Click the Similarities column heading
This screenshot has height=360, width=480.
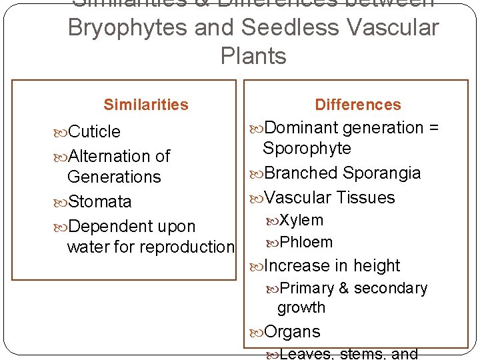[x=146, y=105]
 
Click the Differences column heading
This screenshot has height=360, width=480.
[x=358, y=105]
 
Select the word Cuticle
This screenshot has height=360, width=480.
[x=94, y=132]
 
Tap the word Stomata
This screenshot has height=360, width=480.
[x=99, y=202]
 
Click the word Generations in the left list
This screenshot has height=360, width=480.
[x=114, y=177]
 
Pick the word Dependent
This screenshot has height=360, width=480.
[x=109, y=227]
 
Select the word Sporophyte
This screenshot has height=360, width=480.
[x=307, y=149]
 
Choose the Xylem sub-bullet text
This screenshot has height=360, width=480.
[x=301, y=220]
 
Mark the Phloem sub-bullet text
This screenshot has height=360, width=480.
[x=306, y=242]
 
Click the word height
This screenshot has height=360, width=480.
[x=377, y=266]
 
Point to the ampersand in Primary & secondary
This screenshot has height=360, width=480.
[x=343, y=289]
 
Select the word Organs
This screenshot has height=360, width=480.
[x=292, y=332]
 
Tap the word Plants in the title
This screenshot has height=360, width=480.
[x=253, y=56]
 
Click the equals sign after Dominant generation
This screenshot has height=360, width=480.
[x=434, y=128]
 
